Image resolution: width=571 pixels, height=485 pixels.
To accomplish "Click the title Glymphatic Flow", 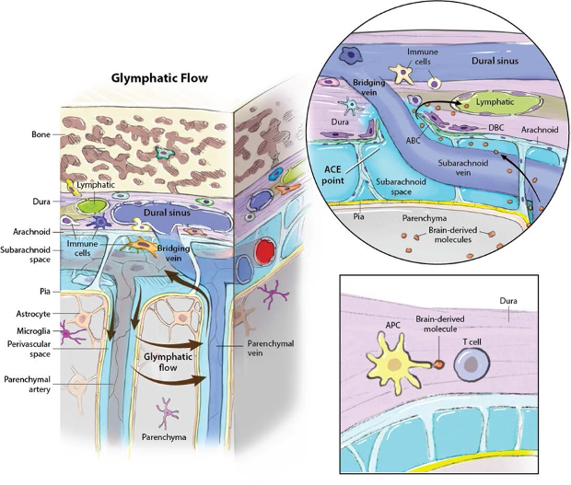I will pos(159,78).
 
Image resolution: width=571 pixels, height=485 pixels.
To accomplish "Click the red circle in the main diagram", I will pos(267,250).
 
